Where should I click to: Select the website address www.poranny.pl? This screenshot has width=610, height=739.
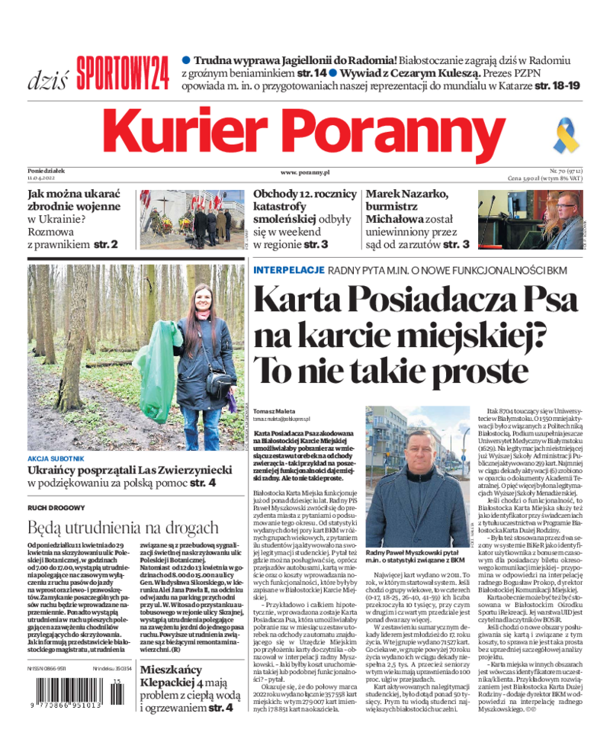[304, 173]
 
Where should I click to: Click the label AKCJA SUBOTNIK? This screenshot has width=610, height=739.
[56, 459]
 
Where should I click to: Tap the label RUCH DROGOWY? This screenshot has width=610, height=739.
[56, 507]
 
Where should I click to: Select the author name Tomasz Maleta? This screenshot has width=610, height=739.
[274, 411]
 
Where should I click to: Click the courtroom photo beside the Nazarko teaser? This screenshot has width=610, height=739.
[528, 220]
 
